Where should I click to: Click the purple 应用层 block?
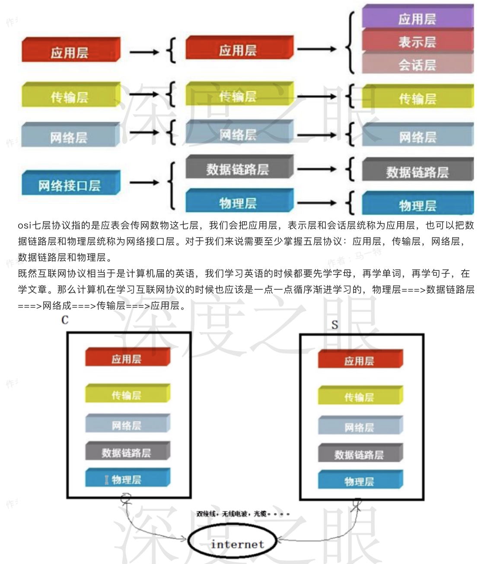click(417, 18)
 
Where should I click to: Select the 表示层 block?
click(417, 41)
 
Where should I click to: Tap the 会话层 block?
click(417, 64)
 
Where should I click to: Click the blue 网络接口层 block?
click(70, 184)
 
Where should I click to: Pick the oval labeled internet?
click(237, 544)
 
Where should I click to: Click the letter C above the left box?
click(65, 320)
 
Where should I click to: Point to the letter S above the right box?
click(335, 325)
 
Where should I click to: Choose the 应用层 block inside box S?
click(360, 360)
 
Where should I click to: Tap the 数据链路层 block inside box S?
click(360, 454)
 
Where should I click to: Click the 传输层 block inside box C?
click(127, 394)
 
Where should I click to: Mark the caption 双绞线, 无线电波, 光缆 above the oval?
click(242, 513)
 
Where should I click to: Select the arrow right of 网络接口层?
click(144, 183)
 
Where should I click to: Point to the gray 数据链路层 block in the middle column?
click(239, 168)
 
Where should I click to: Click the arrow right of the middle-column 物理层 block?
click(316, 203)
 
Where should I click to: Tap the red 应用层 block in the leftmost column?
click(70, 51)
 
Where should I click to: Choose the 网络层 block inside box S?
click(360, 427)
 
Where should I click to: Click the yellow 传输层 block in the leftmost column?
click(70, 96)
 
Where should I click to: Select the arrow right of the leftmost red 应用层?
click(144, 52)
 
